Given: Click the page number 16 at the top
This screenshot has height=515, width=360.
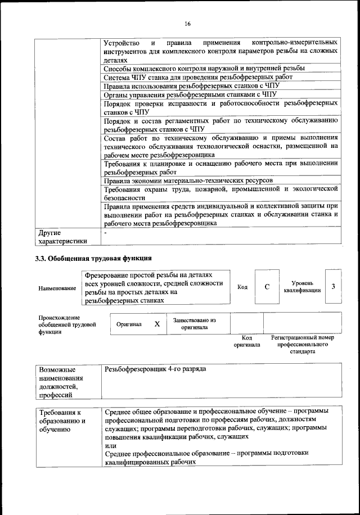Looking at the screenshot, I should tap(188, 23).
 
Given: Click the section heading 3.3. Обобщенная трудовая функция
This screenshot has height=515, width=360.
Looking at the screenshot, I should tap(93, 259).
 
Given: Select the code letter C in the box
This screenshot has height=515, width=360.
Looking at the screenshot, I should tap(267, 287).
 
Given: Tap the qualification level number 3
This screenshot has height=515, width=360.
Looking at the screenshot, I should tap(334, 287).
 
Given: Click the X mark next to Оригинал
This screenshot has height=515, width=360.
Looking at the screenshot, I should tap(157, 324).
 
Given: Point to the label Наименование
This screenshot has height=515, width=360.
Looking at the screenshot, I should tap(57, 288).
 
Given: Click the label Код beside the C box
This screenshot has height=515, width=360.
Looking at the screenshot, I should tap(242, 287).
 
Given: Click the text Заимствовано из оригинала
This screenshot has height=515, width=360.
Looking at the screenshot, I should tap(194, 323).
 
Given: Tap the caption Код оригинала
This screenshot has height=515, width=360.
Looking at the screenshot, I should tap(246, 341).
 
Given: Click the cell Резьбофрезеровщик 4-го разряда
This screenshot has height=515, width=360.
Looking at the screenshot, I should tap(155, 369).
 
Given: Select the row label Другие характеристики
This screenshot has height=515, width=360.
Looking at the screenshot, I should tap(62, 237).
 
